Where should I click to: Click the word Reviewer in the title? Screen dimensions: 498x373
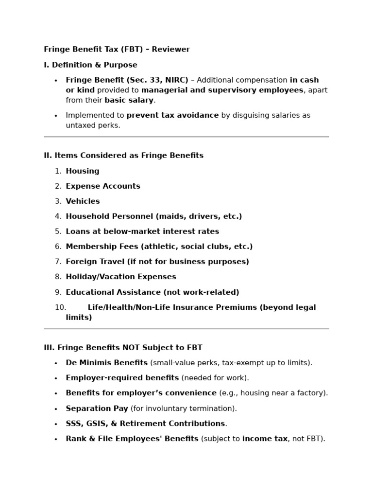point(173,49)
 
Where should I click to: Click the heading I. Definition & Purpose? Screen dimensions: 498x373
point(90,65)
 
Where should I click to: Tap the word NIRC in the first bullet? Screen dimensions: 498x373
point(177,80)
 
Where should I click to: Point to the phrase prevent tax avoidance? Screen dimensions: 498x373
point(172,115)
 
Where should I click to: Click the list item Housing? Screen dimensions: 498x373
point(83,171)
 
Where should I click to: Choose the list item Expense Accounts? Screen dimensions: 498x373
point(103,186)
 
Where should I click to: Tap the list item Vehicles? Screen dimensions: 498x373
point(83,201)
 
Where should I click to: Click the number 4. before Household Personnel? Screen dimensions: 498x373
point(58,216)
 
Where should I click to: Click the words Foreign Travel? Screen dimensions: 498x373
point(95,261)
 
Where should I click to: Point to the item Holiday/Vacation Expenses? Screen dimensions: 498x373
point(121,276)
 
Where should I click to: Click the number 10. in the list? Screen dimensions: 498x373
point(60,307)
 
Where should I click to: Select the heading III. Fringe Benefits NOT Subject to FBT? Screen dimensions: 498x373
point(123,347)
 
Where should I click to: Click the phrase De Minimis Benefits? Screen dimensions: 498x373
point(107,362)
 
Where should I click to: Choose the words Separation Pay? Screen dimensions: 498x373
point(97,408)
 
